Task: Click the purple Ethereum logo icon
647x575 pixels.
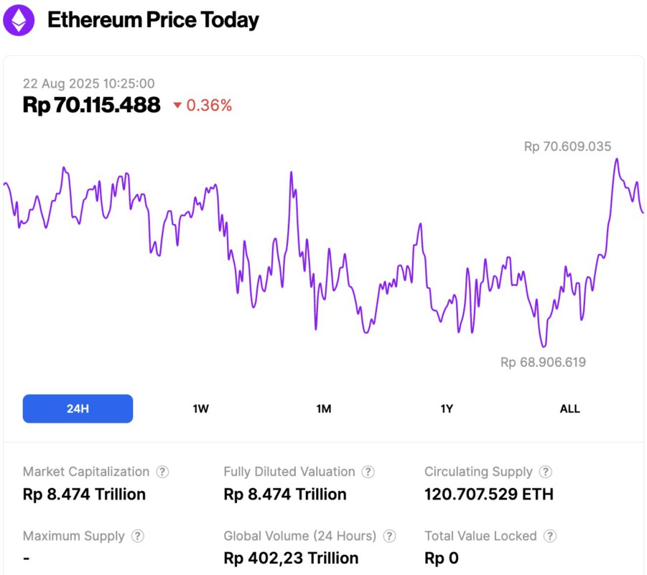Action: tap(18, 20)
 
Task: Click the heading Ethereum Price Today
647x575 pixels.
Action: tap(153, 20)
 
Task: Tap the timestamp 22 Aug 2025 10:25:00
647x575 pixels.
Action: tap(88, 84)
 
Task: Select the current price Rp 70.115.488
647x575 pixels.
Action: tap(91, 105)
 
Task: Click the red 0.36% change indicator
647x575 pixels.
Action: tap(203, 106)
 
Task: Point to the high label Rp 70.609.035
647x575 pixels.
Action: tap(567, 147)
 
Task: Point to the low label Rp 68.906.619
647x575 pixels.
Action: tap(543, 362)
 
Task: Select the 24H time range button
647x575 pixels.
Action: tap(78, 409)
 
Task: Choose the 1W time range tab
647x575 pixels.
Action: tap(200, 409)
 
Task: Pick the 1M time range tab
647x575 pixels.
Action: tap(324, 409)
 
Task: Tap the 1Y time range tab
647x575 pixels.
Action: tap(447, 409)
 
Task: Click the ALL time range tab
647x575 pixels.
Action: tap(569, 409)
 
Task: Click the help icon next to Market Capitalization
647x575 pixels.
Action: tap(163, 472)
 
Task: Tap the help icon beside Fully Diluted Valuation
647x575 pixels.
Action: tap(368, 472)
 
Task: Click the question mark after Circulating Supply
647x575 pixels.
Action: tap(546, 472)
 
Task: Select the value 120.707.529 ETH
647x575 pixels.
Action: tap(488, 494)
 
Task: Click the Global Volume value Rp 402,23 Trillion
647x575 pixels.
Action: tap(291, 558)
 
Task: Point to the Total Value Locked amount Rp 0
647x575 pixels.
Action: tap(441, 558)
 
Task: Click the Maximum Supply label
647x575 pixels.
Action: tap(73, 536)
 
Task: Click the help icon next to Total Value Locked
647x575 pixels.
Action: tap(550, 536)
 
